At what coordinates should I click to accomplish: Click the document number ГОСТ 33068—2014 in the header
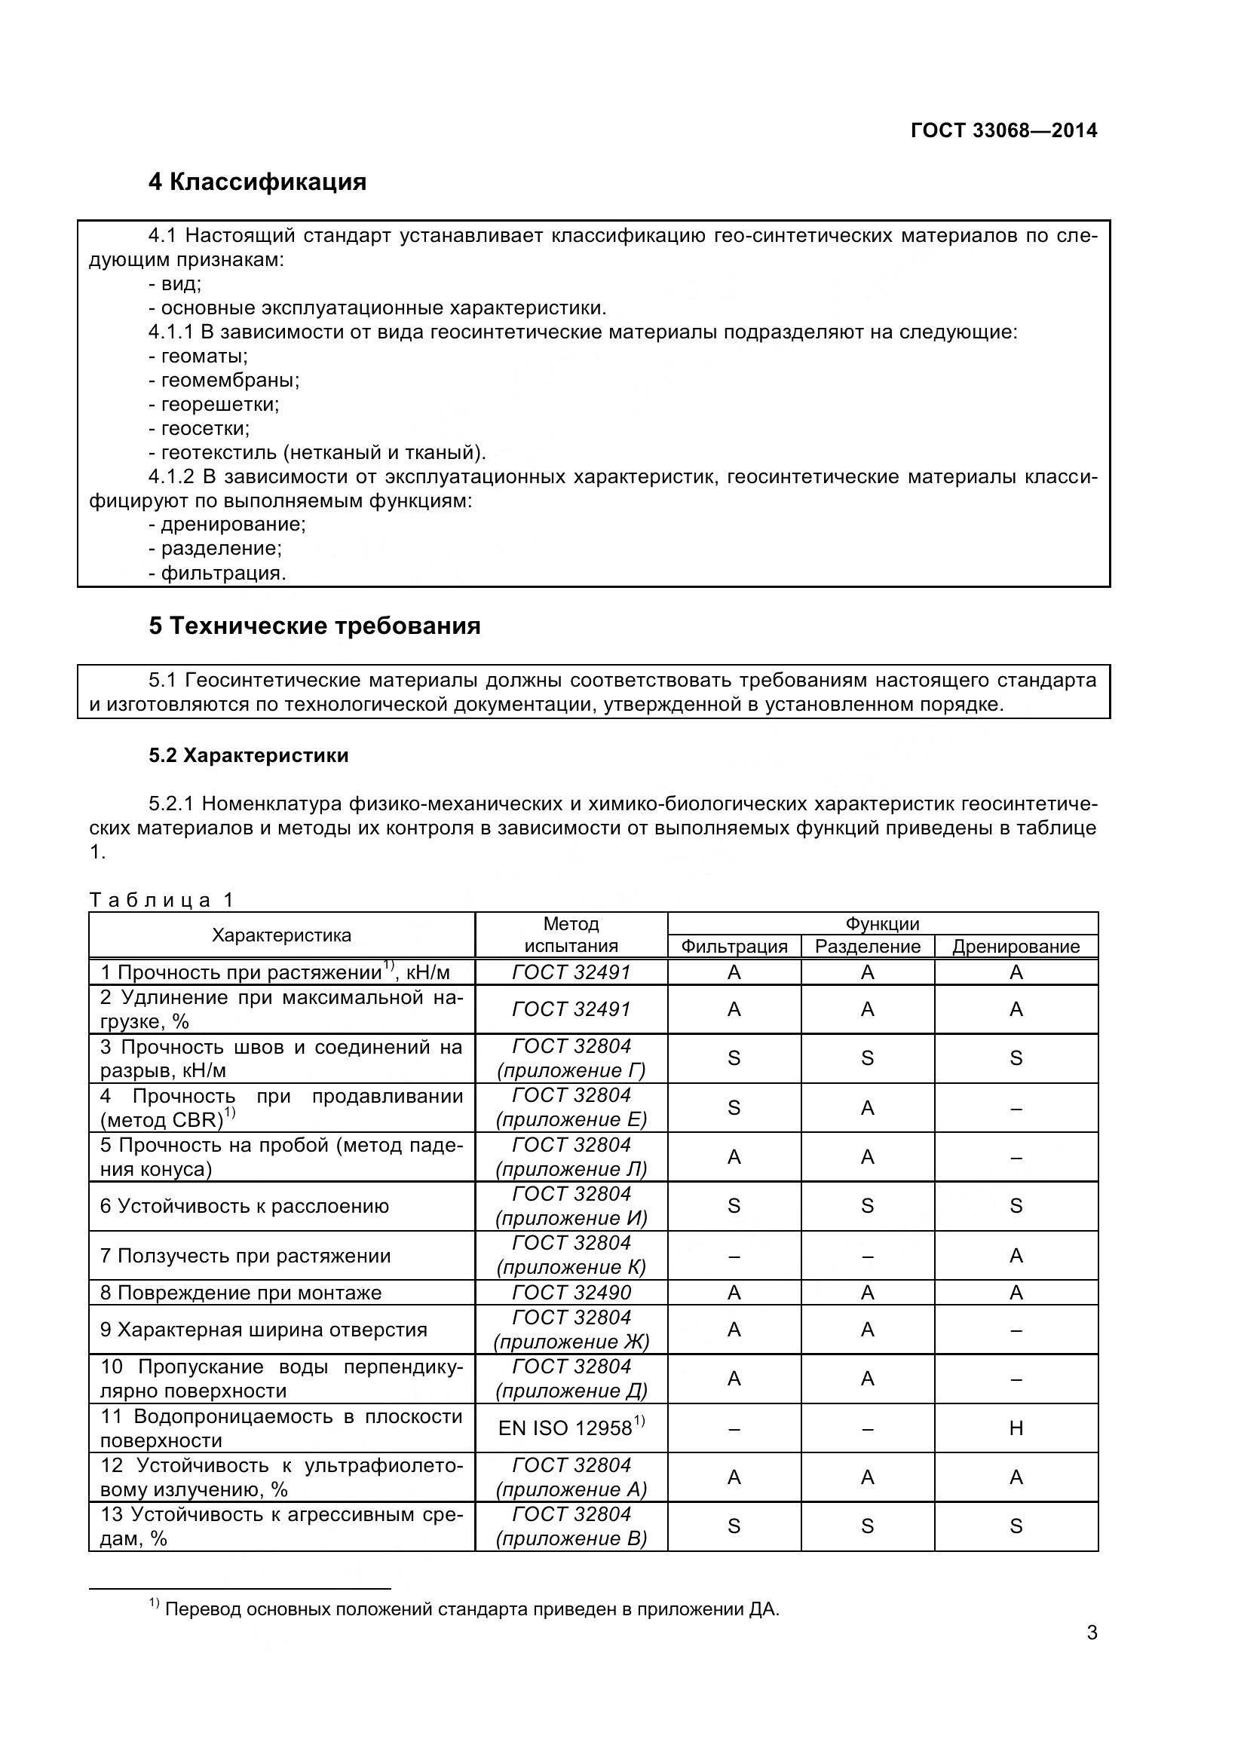coord(1003,130)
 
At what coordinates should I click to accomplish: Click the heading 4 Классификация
coord(257,182)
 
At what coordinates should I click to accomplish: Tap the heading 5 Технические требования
coord(315,626)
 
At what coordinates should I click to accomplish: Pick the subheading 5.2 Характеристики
coord(249,755)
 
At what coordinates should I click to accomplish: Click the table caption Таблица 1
coord(162,900)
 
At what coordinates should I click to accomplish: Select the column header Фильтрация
coord(734,947)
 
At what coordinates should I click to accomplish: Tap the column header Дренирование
coord(1015,947)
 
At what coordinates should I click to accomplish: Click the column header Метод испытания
coord(571,935)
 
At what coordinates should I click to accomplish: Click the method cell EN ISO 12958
coord(571,1428)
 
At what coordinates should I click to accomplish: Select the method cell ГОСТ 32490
coord(571,1293)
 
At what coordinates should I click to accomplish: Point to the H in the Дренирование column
coord(1016,1428)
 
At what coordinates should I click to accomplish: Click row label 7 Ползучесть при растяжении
coord(246,1256)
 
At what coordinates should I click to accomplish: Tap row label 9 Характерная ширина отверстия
coord(263,1330)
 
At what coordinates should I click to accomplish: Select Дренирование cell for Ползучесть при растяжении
coord(1016,1256)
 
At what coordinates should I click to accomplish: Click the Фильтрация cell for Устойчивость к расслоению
coord(734,1206)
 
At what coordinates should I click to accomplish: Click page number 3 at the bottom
coord(1092,1654)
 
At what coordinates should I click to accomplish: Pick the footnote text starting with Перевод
coord(471,1609)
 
